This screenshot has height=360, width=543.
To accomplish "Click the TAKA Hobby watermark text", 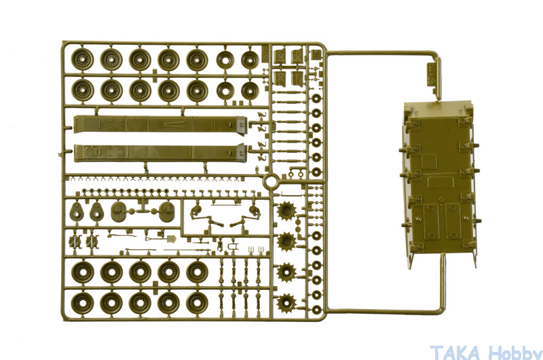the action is [x=486, y=352].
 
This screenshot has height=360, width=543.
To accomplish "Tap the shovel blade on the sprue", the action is [x=172, y=238].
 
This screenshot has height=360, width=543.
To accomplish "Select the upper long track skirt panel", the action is [x=160, y=124].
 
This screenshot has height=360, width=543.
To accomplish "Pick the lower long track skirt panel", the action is [x=160, y=153].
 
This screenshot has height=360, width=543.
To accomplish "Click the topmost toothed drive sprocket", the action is [x=286, y=211].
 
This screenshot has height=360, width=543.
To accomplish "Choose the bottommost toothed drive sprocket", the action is [x=286, y=303].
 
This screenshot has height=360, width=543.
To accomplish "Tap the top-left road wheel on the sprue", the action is [x=82, y=59].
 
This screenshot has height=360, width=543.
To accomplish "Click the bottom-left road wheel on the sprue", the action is [x=82, y=303].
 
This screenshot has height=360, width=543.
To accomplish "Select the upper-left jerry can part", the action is [x=279, y=56].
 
